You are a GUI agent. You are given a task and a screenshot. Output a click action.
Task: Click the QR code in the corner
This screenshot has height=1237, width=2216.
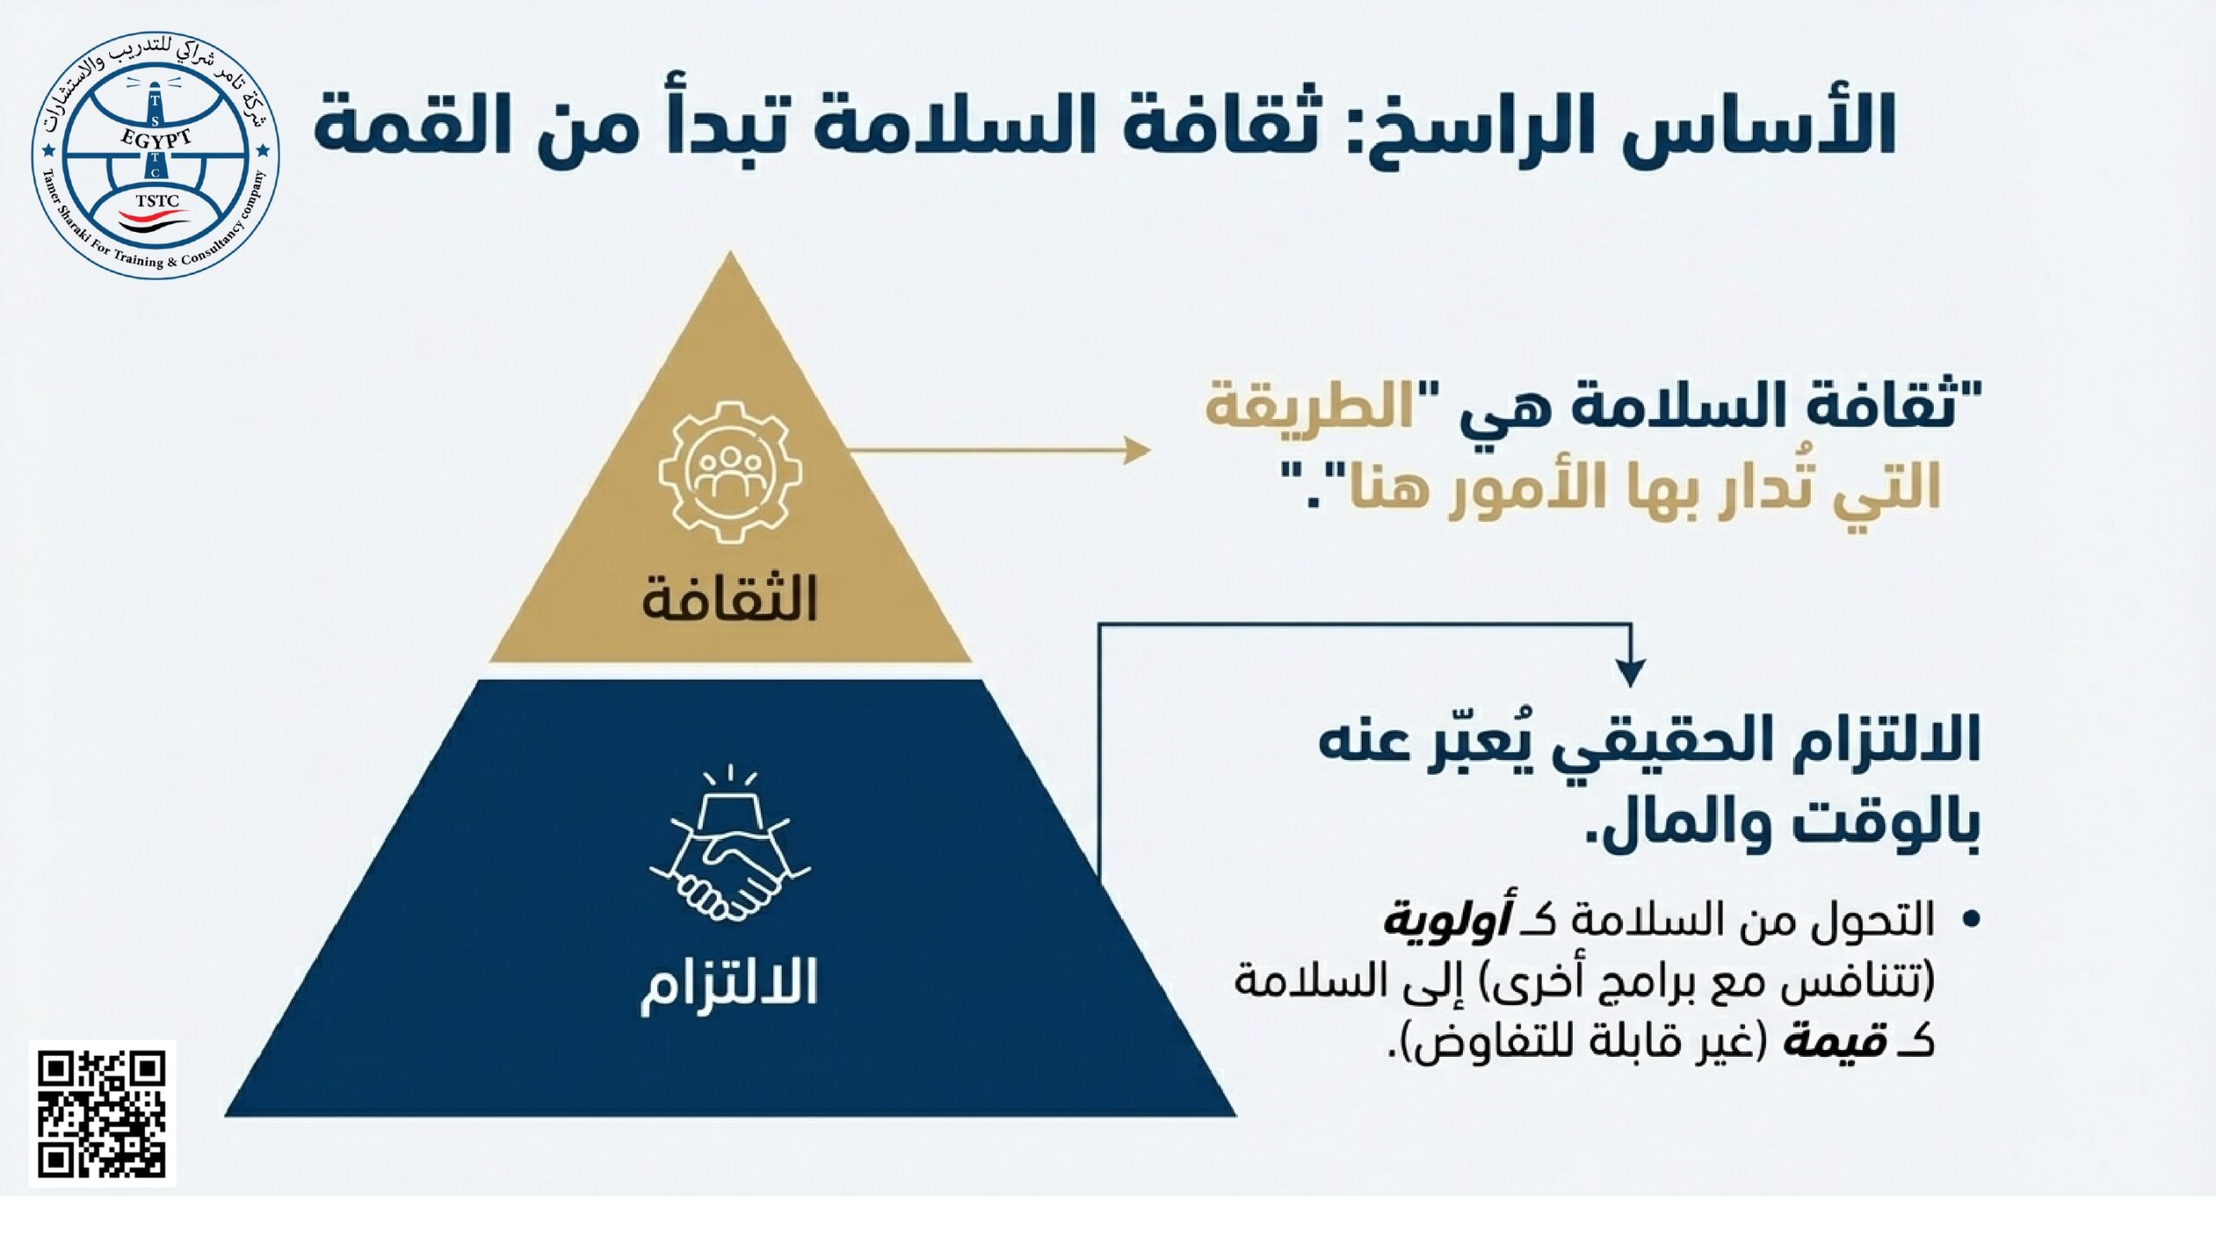[x=102, y=1113]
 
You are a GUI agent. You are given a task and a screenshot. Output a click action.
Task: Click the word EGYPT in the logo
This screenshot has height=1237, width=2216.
[x=157, y=139]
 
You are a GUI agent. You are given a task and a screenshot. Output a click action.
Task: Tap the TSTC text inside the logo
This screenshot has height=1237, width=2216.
[x=157, y=202]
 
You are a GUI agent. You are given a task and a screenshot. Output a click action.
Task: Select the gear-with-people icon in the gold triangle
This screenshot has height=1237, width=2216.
[x=730, y=472]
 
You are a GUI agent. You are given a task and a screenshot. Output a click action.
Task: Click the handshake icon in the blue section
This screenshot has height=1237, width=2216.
[x=730, y=844]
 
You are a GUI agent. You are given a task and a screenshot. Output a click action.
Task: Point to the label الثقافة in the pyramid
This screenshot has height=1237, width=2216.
[x=730, y=598]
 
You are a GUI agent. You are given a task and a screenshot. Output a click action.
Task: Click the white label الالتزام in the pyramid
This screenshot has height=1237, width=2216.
[x=729, y=987]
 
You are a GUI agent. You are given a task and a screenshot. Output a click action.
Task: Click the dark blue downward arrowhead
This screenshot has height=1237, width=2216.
[x=1631, y=673]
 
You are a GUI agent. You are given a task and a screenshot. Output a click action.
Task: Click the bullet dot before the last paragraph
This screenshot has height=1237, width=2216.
[x=1971, y=918]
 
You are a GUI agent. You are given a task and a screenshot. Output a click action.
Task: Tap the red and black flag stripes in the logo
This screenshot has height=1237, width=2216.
[x=156, y=222]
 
